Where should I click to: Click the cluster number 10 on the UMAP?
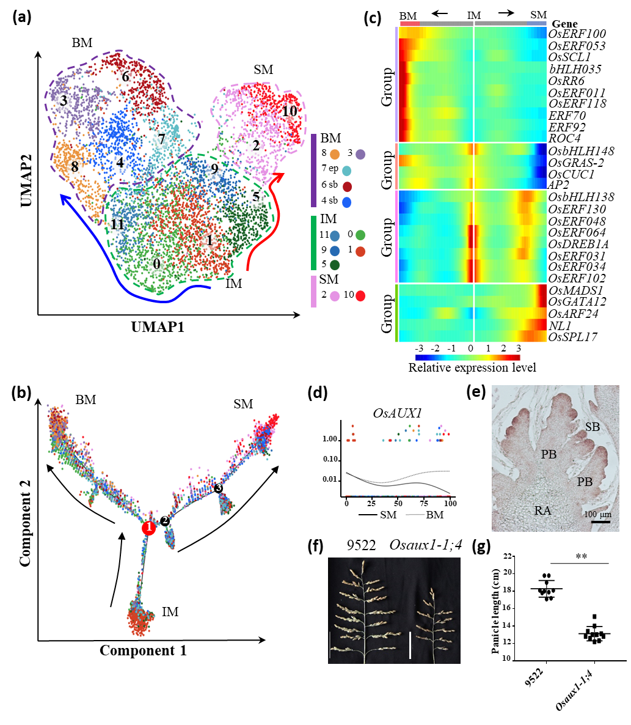290,112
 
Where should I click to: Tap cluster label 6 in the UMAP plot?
125,77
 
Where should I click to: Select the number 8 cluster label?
75,166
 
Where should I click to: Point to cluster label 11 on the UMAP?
117,224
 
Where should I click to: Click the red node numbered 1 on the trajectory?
148,529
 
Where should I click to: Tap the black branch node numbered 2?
164,521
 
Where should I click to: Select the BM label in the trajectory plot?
86,400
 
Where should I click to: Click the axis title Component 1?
143,650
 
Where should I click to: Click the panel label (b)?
23,393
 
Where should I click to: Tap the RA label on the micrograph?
543,510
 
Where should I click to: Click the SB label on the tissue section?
592,427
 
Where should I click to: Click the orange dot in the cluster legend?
334,155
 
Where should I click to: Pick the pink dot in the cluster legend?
335,296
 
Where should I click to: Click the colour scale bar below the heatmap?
467,357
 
